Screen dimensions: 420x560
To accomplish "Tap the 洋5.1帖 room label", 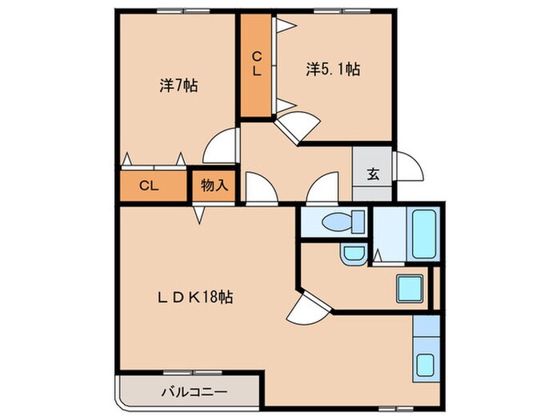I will pos(332,70).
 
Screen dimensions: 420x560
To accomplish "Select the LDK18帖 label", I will pos(194,297).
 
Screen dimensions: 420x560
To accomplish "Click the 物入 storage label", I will pos(214,186).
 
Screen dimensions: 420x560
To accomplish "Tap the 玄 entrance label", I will pos(373,174).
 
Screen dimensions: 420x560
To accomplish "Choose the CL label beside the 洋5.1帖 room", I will pos(257,64).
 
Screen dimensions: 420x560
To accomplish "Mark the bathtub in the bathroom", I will pos(422,233).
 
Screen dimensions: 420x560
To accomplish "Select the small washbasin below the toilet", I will pos(352,254).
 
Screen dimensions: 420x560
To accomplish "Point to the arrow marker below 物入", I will pos(198,215).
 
